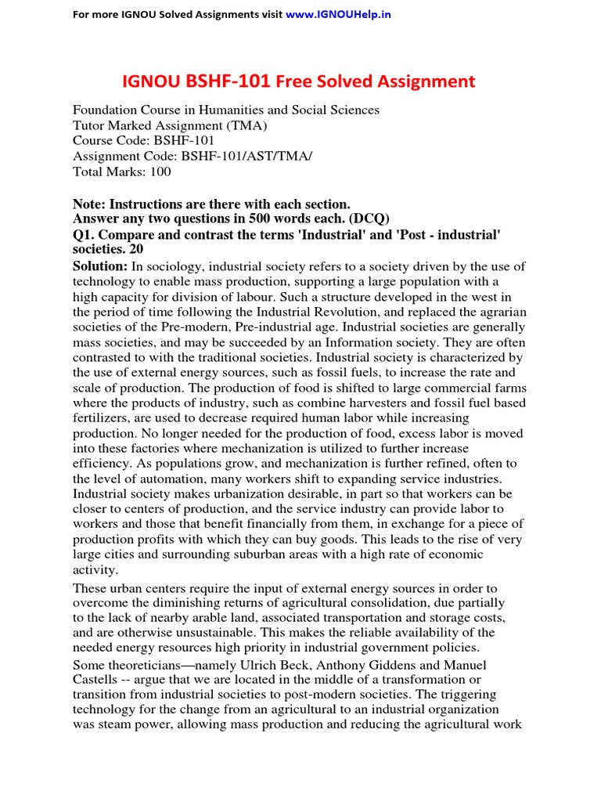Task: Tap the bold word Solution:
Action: pos(99,267)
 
